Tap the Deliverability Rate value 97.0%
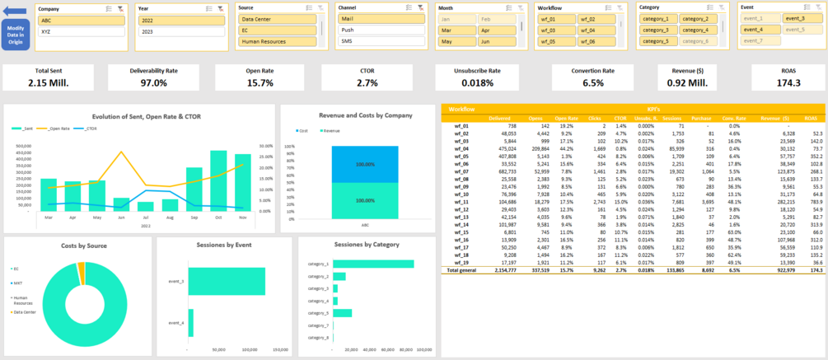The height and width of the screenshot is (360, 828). [x=154, y=83]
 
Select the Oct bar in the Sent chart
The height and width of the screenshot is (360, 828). [x=218, y=180]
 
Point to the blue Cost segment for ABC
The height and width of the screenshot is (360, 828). [x=365, y=165]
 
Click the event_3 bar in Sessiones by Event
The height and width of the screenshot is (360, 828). [x=227, y=305]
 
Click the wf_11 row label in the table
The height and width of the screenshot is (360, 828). [x=461, y=202]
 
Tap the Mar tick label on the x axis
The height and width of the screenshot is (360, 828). [x=49, y=217]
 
